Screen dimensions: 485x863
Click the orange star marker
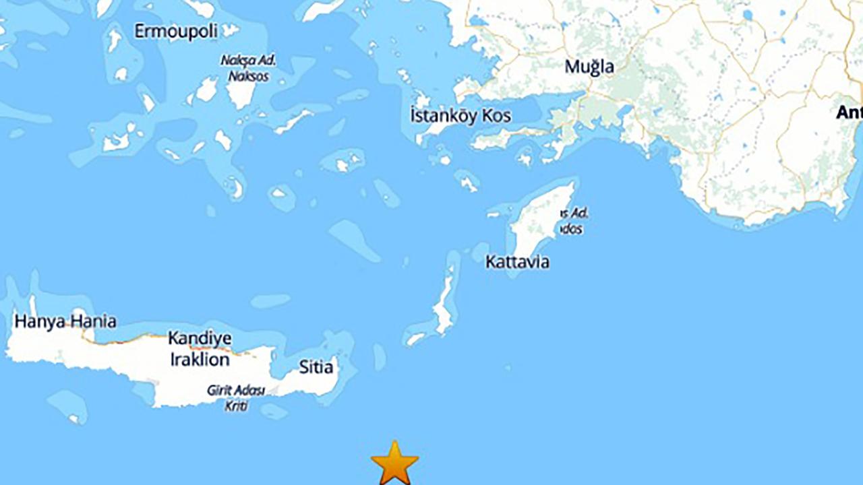pyautogui.click(x=394, y=463)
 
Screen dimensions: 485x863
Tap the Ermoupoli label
pyautogui.click(x=175, y=32)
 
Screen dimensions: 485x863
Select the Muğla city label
pyautogui.click(x=589, y=67)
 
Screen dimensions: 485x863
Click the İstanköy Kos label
pyautogui.click(x=460, y=116)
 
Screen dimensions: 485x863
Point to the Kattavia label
pyautogui.click(x=517, y=262)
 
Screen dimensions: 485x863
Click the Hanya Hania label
pyautogui.click(x=65, y=321)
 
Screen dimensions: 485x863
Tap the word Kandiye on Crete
pyautogui.click(x=200, y=338)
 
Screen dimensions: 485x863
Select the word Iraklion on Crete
pyautogui.click(x=200, y=360)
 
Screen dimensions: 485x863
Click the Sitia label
pyautogui.click(x=316, y=367)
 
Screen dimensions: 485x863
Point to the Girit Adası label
pyautogui.click(x=236, y=391)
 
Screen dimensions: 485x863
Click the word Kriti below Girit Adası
pyautogui.click(x=236, y=406)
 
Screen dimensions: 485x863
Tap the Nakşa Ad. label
pyautogui.click(x=248, y=61)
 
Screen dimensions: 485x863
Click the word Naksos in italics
pyautogui.click(x=248, y=76)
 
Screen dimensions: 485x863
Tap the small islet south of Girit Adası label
pyautogui.click(x=273, y=411)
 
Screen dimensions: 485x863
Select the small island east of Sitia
pyautogui.click(x=380, y=357)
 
